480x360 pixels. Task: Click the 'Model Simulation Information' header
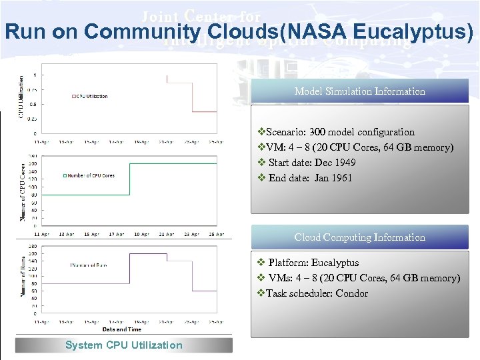click(x=359, y=91)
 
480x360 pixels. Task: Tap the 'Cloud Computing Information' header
click(x=359, y=237)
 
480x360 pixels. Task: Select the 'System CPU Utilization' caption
click(x=123, y=345)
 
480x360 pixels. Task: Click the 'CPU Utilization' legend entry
click(x=92, y=96)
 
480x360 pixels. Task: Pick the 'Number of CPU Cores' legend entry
click(x=89, y=175)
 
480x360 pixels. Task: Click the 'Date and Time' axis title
click(x=123, y=329)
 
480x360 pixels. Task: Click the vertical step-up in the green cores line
click(x=129, y=179)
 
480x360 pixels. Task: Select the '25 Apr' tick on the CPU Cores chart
click(x=216, y=234)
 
